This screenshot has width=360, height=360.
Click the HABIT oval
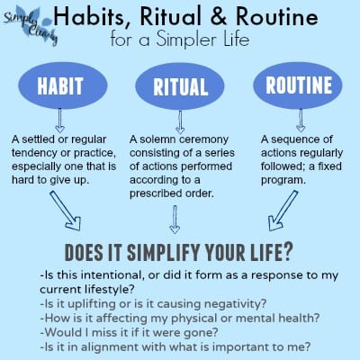(63, 85)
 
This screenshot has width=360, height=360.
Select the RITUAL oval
(180, 86)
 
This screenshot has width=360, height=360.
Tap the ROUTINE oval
(298, 85)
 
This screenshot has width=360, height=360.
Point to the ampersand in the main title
(218, 16)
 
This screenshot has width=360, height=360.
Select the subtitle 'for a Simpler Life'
(180, 40)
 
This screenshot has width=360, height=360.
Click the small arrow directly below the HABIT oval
(59, 121)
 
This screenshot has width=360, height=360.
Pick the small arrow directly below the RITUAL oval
(180, 122)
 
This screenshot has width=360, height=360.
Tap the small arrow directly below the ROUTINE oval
(301, 121)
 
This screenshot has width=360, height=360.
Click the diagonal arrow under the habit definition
(66, 211)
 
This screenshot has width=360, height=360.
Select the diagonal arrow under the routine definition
(283, 211)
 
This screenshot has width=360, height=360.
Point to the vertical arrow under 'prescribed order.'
(175, 220)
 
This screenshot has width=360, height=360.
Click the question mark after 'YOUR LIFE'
(287, 252)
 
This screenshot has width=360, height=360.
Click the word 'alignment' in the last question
(108, 347)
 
